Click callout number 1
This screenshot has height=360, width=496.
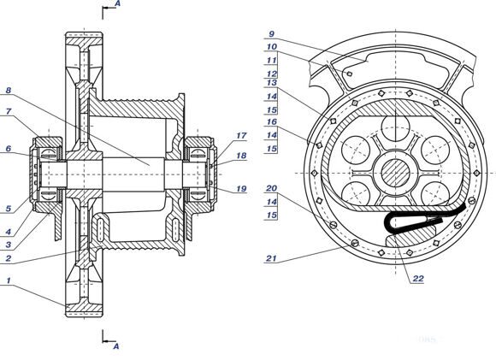point(9,281)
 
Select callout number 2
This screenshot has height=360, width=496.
point(9,258)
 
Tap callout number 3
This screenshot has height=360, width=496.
point(9,245)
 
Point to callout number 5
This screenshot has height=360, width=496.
point(9,209)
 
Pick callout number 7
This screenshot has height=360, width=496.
point(9,111)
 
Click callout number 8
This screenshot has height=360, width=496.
point(9,91)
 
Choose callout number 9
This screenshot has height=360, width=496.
point(271,34)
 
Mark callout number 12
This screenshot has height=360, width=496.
point(272,74)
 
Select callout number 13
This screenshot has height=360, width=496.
point(272,83)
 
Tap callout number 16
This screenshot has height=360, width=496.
point(272,121)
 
